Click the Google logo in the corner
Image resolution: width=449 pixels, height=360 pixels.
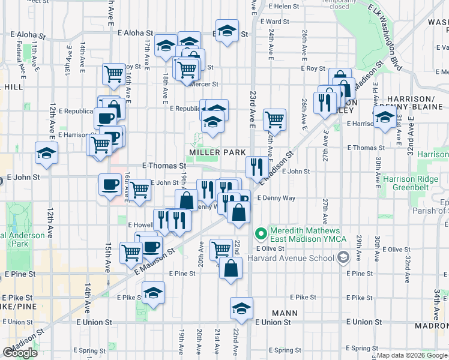tap(20, 353)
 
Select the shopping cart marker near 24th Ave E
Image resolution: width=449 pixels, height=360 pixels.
tap(274, 119)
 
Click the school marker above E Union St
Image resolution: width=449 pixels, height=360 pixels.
tap(241, 308)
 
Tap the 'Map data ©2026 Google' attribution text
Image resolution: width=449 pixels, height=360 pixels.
tap(411, 355)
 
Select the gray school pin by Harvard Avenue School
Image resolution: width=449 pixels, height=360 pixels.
tap(343, 258)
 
